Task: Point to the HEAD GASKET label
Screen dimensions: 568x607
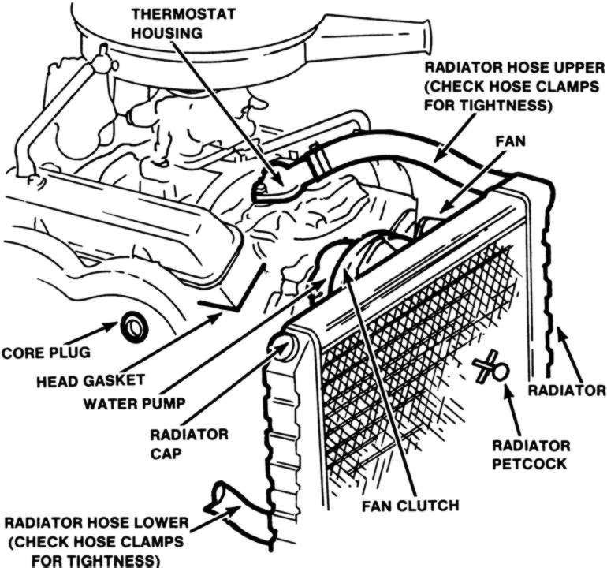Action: [91, 380]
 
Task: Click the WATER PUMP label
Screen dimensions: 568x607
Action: [133, 402]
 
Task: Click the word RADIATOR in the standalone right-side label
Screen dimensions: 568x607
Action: [566, 390]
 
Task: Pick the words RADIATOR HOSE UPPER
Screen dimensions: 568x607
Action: [513, 67]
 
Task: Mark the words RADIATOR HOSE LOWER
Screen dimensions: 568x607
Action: [95, 524]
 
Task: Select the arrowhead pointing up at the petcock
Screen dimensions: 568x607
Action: [507, 391]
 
